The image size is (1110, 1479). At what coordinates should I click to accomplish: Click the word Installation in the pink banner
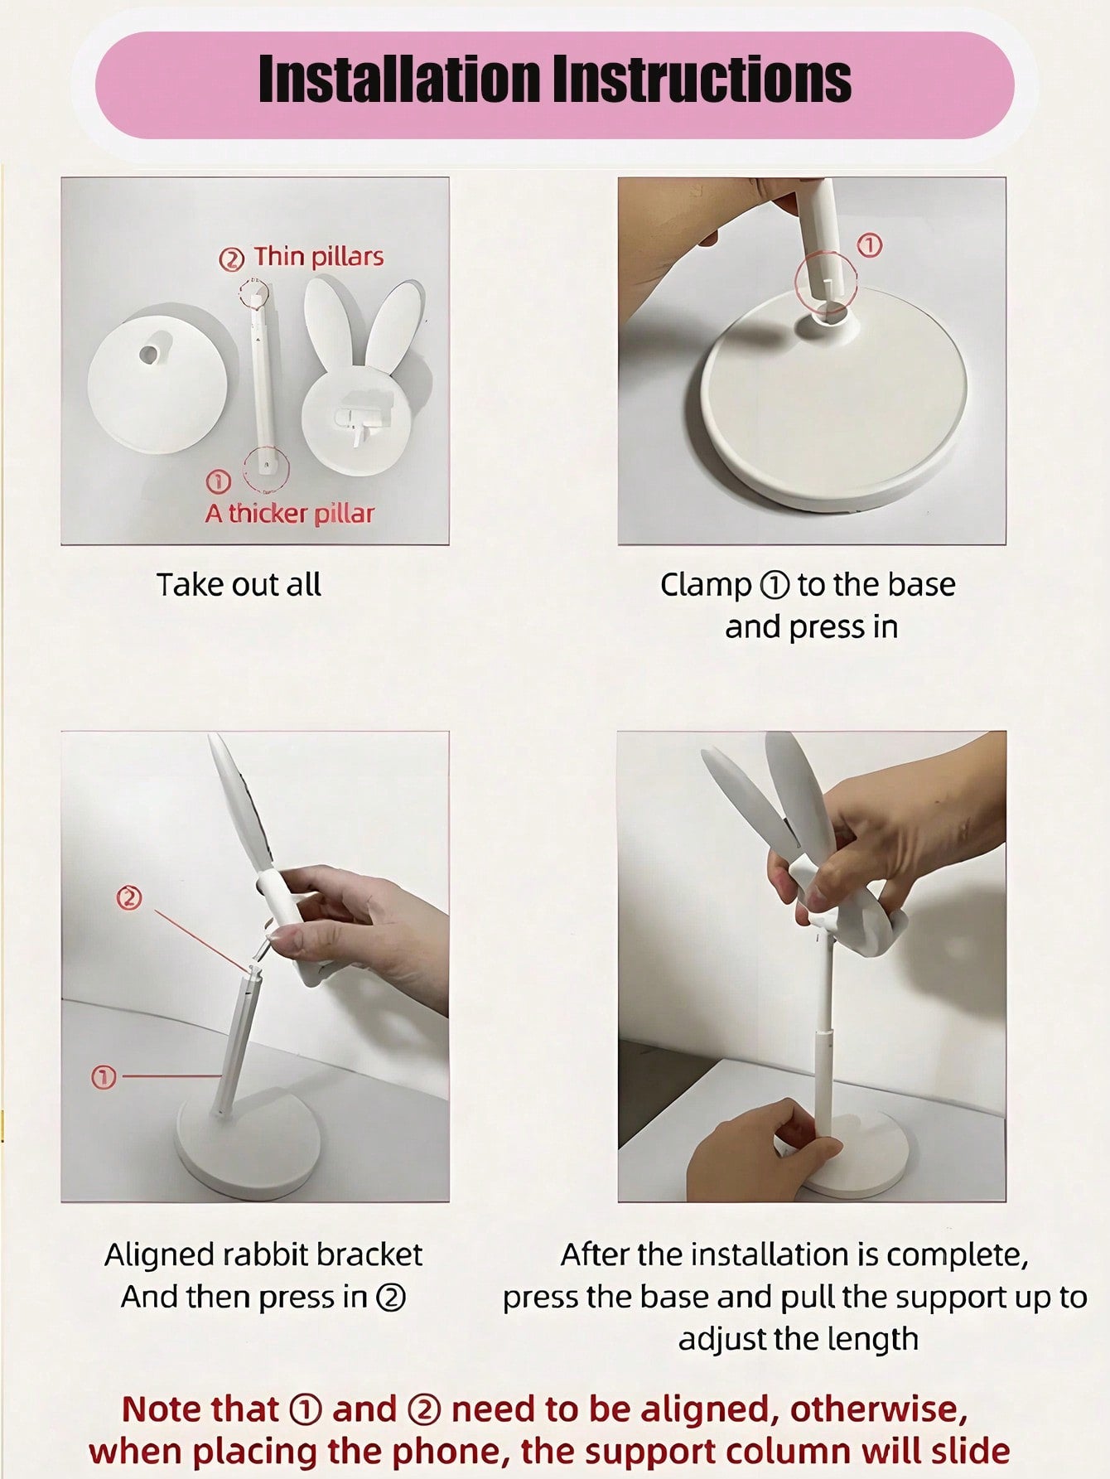[399, 80]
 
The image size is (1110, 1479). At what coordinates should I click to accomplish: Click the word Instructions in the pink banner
[702, 80]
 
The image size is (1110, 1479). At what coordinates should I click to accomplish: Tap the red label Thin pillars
[318, 256]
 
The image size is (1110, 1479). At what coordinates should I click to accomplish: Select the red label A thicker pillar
[290, 514]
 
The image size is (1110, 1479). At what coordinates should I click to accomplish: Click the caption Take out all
[239, 585]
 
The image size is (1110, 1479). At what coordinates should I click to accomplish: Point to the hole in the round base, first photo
[149, 353]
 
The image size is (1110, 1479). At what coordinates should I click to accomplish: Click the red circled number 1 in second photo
[869, 245]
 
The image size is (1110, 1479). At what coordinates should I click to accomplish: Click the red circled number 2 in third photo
[128, 898]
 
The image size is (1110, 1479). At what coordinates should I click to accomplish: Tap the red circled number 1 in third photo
[104, 1077]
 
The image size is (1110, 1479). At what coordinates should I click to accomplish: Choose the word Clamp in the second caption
[706, 585]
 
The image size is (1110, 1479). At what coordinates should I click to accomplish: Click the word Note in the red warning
[161, 1409]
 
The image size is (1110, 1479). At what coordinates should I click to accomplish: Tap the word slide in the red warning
[971, 1451]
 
